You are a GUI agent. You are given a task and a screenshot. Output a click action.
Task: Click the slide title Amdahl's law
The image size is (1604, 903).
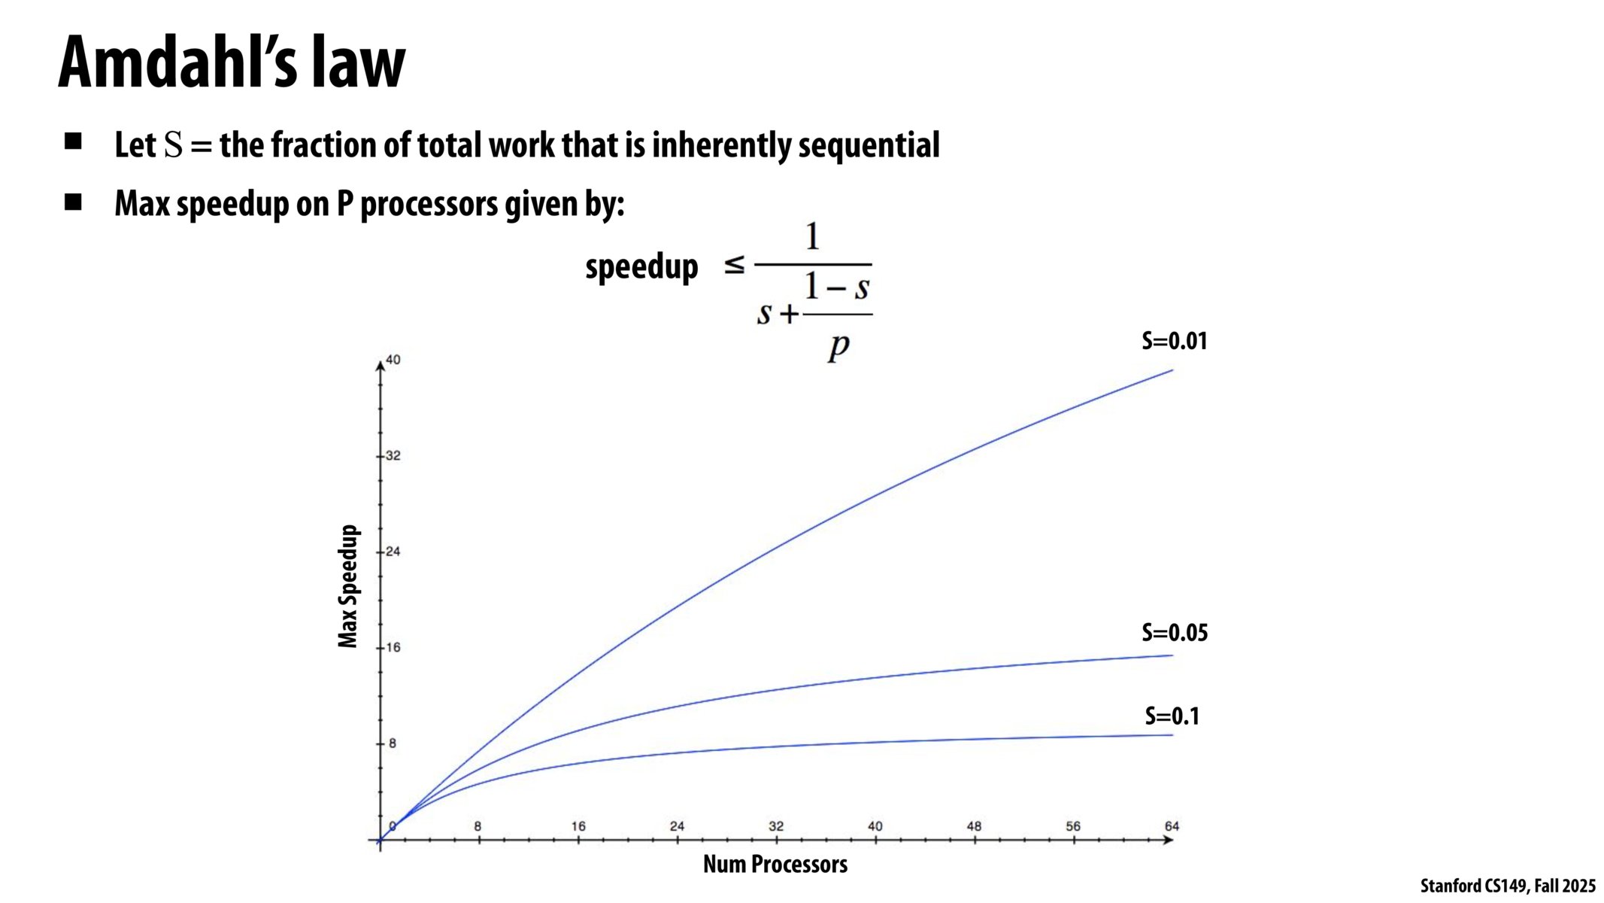[x=232, y=63]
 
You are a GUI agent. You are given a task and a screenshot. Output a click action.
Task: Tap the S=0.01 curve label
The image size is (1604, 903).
[x=1174, y=341]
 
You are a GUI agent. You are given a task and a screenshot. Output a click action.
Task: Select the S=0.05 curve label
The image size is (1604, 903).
[x=1175, y=632]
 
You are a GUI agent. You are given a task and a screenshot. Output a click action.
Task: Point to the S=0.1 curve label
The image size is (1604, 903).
[x=1172, y=716]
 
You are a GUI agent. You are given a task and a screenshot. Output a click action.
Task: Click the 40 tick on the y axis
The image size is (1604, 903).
[x=393, y=360]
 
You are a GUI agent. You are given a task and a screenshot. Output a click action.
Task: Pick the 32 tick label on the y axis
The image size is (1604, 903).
[x=393, y=455]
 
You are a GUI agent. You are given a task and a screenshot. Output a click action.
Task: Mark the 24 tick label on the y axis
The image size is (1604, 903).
[x=393, y=551]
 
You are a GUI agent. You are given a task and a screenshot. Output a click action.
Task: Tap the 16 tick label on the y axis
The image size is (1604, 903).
[x=393, y=647]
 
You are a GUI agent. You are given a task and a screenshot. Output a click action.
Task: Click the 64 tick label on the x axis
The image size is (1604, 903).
[x=1172, y=825]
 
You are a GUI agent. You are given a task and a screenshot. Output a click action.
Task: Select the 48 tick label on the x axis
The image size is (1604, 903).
[x=974, y=825]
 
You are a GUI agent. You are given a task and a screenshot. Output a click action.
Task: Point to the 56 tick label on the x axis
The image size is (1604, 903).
[x=1073, y=825]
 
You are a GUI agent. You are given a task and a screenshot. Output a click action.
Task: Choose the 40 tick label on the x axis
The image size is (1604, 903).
[x=875, y=825]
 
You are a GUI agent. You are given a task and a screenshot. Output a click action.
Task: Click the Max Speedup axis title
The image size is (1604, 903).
[x=347, y=586]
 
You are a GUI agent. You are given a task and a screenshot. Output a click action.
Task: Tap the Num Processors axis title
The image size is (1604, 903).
[x=775, y=864]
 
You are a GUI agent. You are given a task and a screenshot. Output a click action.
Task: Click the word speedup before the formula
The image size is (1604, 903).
[x=641, y=266]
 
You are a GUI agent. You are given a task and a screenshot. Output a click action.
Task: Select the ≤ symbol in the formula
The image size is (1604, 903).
[x=734, y=264]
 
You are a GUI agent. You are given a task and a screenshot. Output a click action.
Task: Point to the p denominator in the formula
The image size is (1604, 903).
[x=838, y=345]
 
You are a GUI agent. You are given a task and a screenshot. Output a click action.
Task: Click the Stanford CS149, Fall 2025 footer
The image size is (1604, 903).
[x=1507, y=886]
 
